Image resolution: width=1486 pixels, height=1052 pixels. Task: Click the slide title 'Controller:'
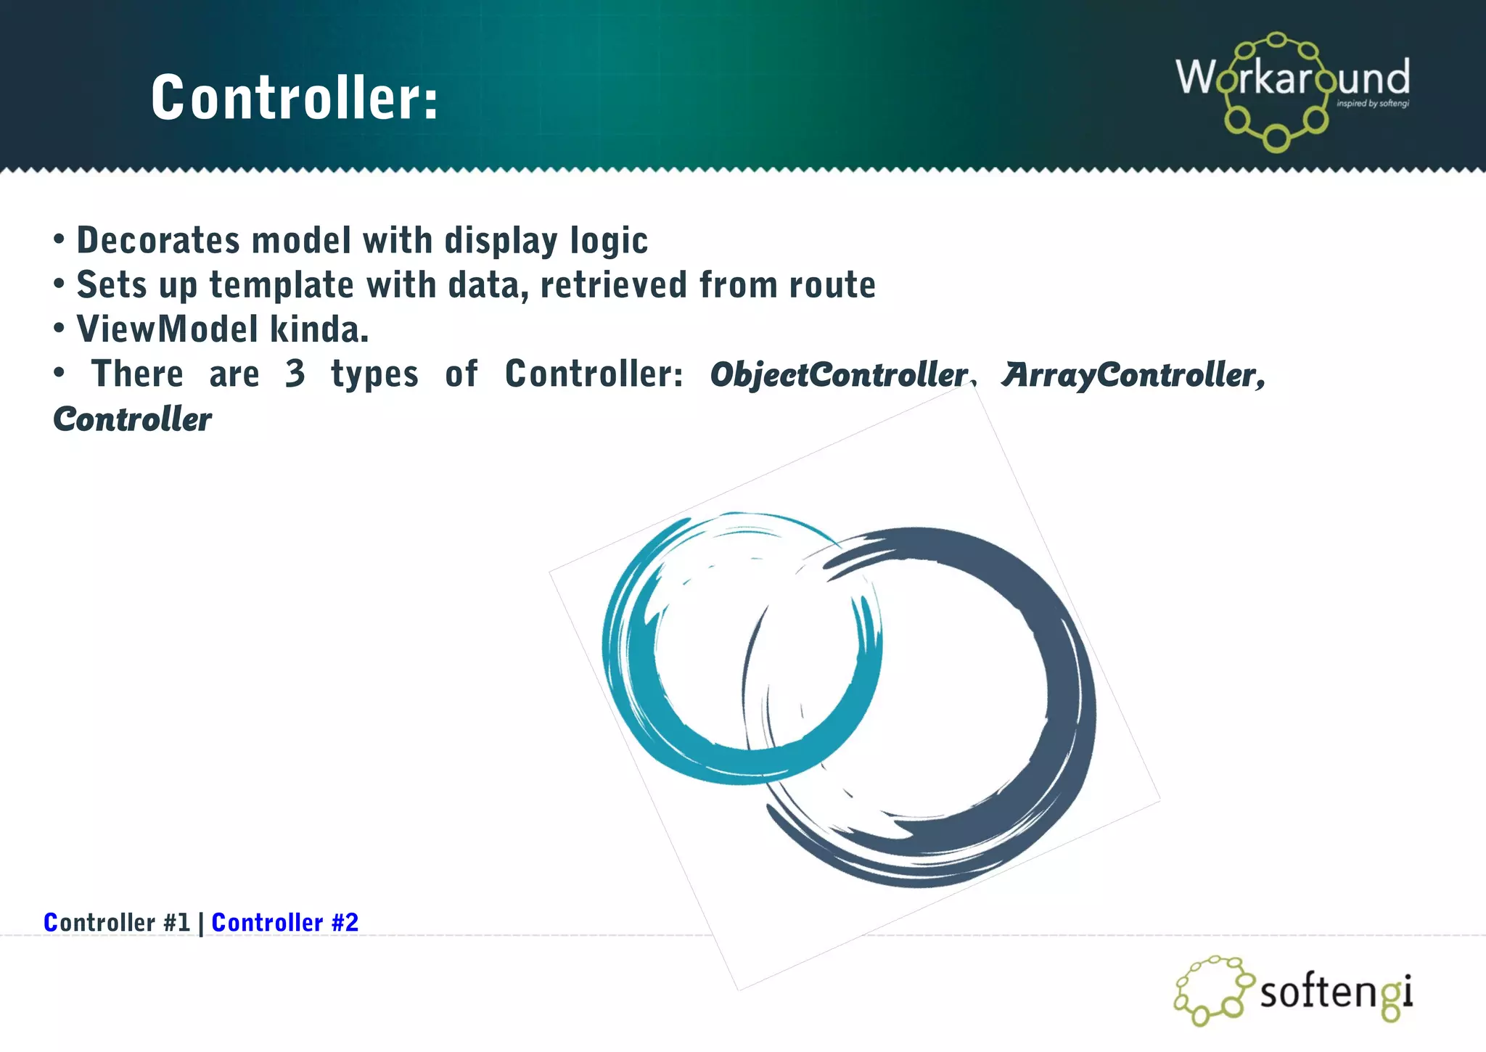tap(295, 98)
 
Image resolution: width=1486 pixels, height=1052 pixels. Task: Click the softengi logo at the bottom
tap(1293, 990)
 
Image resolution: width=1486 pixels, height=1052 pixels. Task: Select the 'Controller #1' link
tap(117, 922)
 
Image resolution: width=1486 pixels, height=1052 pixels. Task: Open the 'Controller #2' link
tap(284, 922)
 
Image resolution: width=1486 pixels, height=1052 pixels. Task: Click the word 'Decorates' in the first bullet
tap(158, 240)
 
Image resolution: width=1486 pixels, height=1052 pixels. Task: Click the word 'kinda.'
tap(319, 329)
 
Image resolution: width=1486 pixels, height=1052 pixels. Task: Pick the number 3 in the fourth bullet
tap(295, 374)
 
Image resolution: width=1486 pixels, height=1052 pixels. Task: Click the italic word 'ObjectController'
tap(840, 374)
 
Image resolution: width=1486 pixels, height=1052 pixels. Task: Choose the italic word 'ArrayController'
tap(1132, 374)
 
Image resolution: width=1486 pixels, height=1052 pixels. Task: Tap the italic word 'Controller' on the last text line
tap(133, 419)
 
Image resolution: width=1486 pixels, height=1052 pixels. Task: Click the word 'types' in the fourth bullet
tap(374, 374)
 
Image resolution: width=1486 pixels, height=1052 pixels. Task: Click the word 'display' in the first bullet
tap(500, 240)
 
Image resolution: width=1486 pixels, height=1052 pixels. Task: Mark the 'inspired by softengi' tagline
tap(1372, 104)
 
